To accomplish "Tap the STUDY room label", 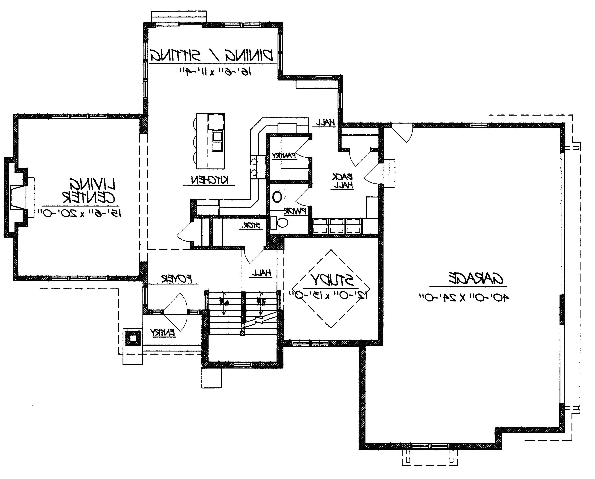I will pyautogui.click(x=333, y=280).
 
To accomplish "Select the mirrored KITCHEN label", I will pyautogui.click(x=210, y=180).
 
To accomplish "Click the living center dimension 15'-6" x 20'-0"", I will pyautogui.click(x=80, y=213).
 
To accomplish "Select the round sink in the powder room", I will pyautogui.click(x=277, y=197).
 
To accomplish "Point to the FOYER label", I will pyautogui.click(x=177, y=278).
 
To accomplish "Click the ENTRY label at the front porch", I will pyautogui.click(x=163, y=332).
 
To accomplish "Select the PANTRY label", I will pyautogui.click(x=284, y=156).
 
